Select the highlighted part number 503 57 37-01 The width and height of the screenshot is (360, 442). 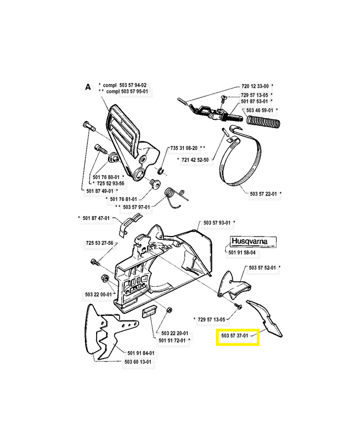[236, 335]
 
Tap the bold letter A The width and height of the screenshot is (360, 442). [87, 87]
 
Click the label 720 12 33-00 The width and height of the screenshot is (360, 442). [255, 86]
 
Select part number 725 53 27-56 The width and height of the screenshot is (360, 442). [99, 243]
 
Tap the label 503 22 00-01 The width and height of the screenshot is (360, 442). [99, 294]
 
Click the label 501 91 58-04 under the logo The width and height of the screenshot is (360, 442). [242, 252]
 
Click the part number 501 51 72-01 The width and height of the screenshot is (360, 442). [173, 341]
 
